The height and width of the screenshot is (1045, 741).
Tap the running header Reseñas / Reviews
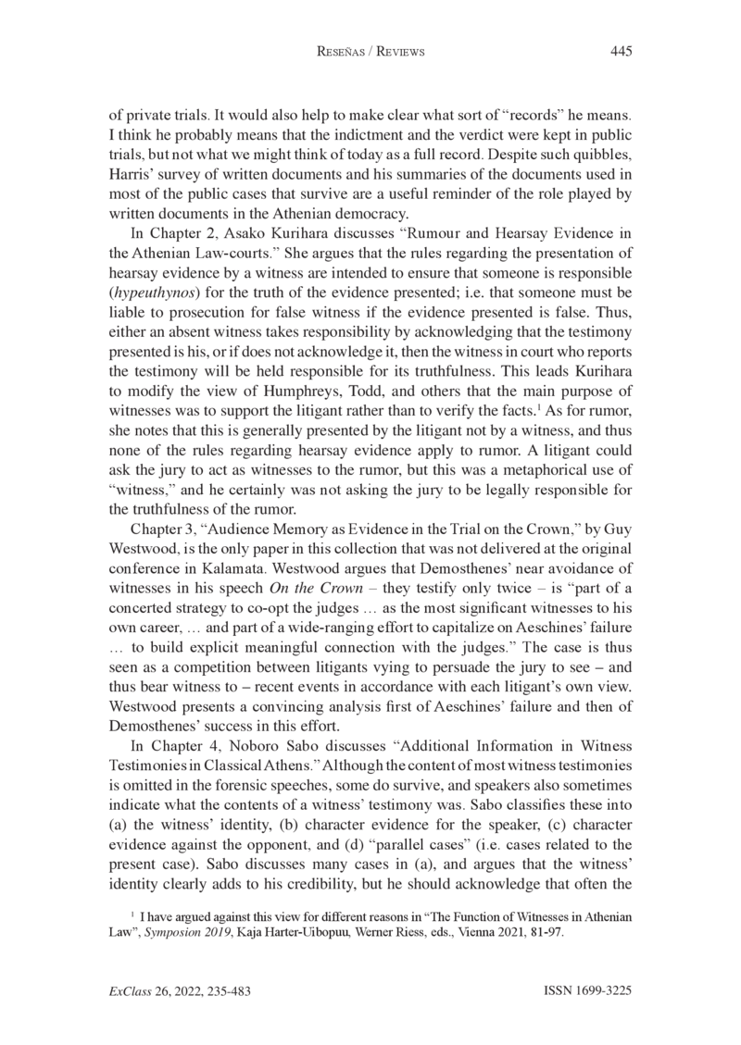coord(370,53)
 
